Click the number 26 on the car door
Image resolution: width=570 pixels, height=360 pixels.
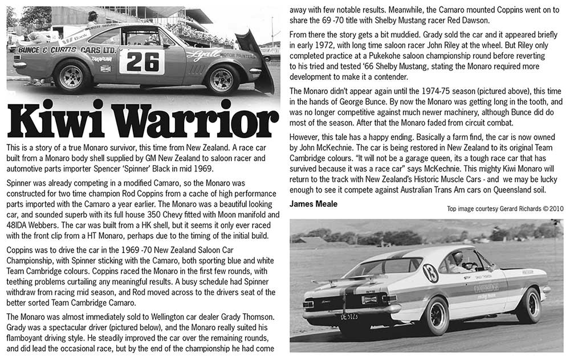(x=142, y=62)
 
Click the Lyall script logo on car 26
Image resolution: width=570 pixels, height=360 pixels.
(x=204, y=55)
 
